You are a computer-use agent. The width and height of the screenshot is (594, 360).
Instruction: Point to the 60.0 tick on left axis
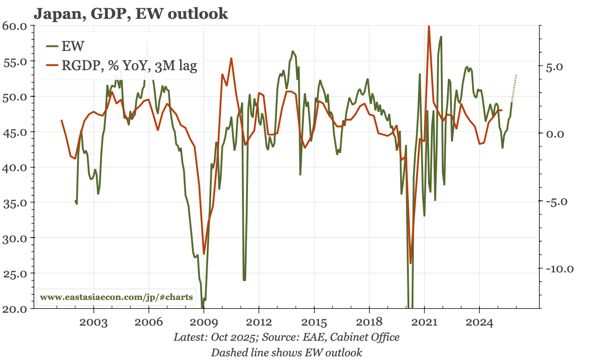click(16, 26)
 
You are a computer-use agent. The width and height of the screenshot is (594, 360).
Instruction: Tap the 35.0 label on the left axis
click(16, 202)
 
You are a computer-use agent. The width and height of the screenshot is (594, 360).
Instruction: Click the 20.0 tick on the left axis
click(16, 308)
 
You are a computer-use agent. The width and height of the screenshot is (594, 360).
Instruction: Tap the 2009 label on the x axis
click(203, 322)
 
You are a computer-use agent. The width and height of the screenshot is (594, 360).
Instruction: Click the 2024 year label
click(479, 322)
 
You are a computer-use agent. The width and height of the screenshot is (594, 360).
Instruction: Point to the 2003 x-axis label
click(93, 322)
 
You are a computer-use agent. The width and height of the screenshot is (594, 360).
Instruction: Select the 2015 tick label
click(314, 322)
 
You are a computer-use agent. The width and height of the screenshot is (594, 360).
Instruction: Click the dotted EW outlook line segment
click(514, 87)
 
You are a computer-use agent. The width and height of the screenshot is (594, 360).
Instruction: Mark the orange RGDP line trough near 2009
click(204, 254)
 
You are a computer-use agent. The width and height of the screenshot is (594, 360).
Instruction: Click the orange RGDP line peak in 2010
click(231, 58)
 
